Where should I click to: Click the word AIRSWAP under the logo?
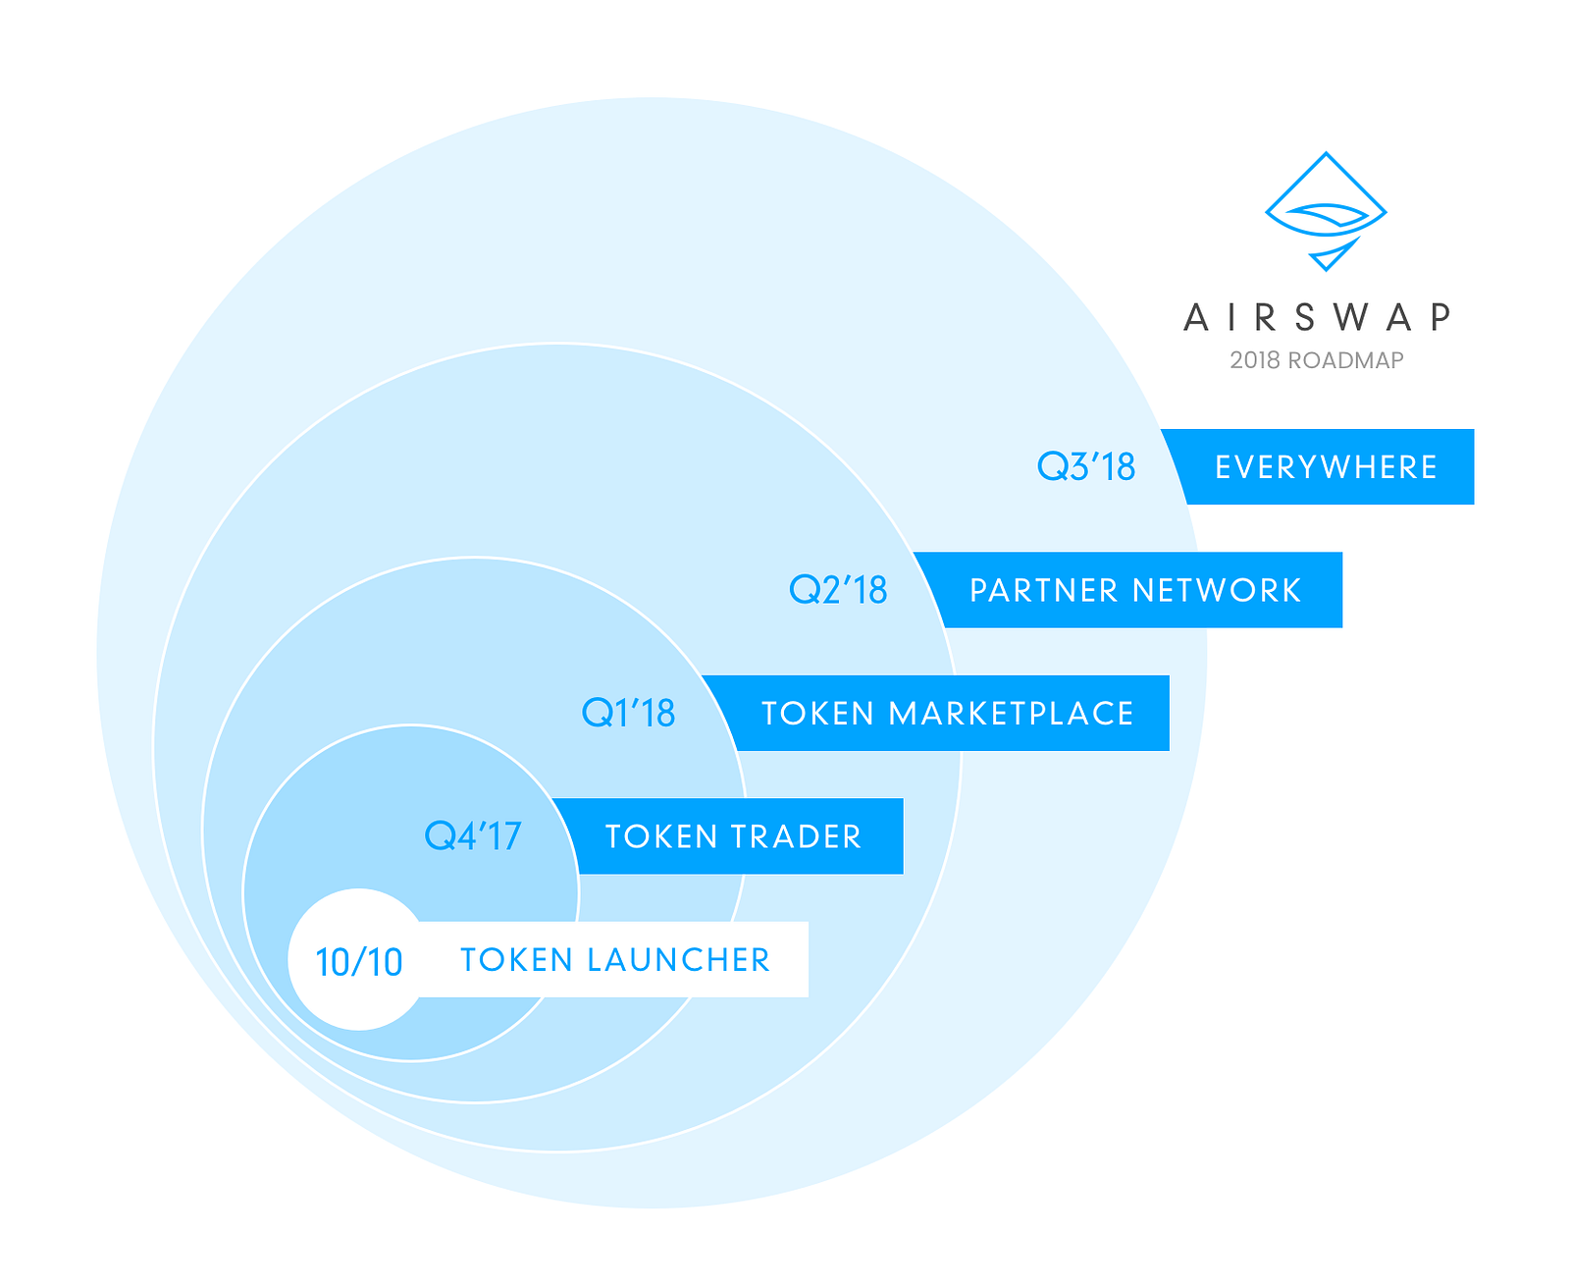click(x=1317, y=317)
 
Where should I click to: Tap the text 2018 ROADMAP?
click(x=1317, y=360)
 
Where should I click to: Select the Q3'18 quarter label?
click(x=1086, y=467)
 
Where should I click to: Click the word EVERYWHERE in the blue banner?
click(x=1326, y=467)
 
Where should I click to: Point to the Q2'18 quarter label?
click(x=838, y=590)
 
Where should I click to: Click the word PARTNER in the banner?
click(x=1044, y=590)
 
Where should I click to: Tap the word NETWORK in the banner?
click(x=1217, y=590)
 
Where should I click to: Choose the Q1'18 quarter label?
click(x=628, y=713)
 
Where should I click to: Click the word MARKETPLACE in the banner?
click(x=1012, y=714)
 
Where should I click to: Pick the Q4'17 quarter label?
click(x=472, y=836)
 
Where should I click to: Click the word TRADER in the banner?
click(x=796, y=836)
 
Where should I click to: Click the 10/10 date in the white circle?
click(x=359, y=962)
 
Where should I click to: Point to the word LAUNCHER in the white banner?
click(x=678, y=960)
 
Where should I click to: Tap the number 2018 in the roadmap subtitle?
click(x=1255, y=360)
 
